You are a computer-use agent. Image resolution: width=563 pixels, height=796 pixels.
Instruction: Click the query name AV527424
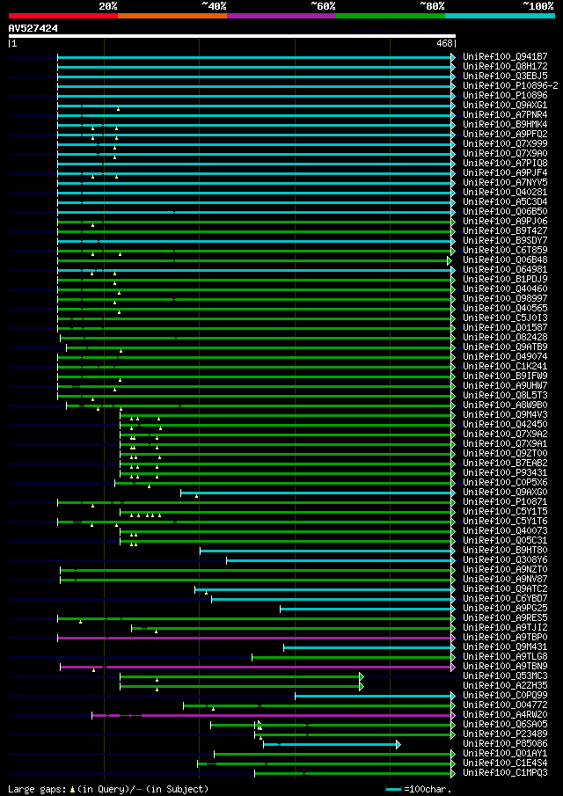pyautogui.click(x=33, y=28)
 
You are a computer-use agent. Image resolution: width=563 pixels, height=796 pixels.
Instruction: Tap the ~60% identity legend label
pyautogui.click(x=323, y=5)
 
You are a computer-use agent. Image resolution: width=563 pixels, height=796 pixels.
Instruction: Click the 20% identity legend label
pyautogui.click(x=107, y=5)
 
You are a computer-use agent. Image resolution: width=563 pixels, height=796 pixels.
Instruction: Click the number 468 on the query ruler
pyautogui.click(x=443, y=43)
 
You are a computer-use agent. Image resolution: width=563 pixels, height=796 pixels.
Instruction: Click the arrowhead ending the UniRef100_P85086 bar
pyautogui.click(x=398, y=744)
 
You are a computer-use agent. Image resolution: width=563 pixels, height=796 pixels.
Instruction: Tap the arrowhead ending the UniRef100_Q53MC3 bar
pyautogui.click(x=362, y=676)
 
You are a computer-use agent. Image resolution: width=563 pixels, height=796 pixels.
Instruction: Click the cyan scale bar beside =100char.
pyautogui.click(x=393, y=789)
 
